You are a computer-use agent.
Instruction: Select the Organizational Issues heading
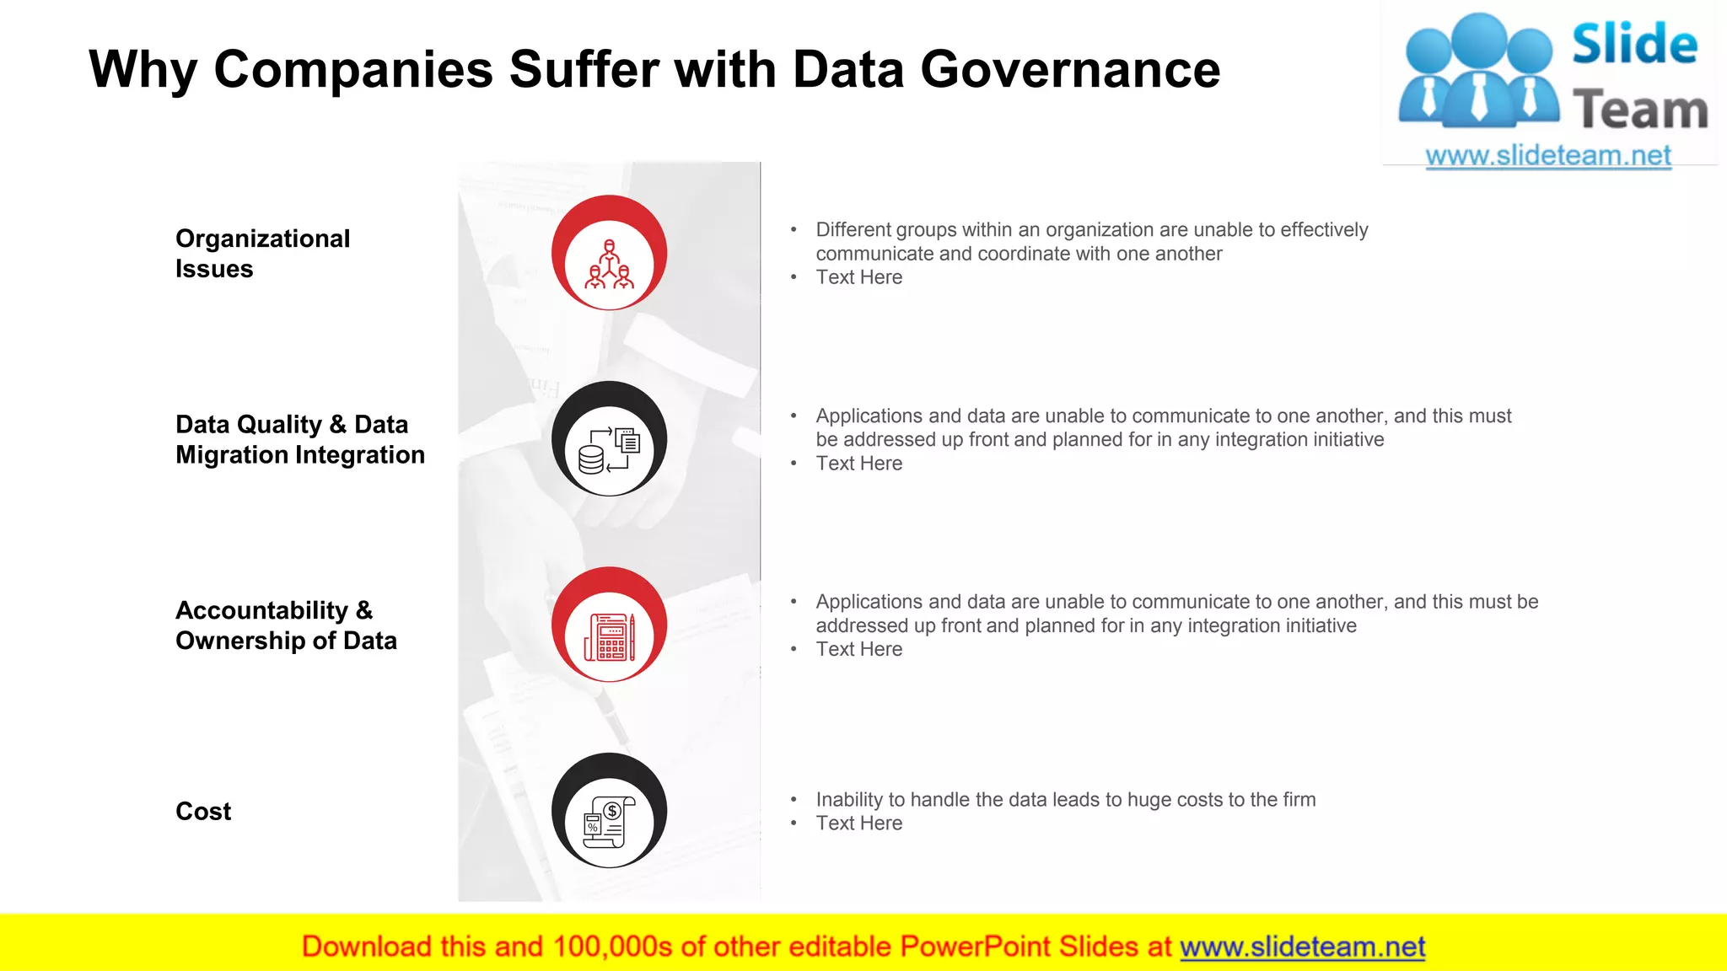point(262,254)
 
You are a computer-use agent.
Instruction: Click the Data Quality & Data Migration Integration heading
point(299,439)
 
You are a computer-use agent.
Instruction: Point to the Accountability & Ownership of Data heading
point(286,625)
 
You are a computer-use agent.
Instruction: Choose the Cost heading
point(203,811)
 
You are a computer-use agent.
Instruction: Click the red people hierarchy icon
point(609,265)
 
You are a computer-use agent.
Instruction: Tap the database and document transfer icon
point(609,450)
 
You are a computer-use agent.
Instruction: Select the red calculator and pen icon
point(609,636)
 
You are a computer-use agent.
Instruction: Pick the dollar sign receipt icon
point(609,823)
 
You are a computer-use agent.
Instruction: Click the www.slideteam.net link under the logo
point(1548,156)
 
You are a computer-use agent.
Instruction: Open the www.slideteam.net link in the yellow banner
point(1302,947)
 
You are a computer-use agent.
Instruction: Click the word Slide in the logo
point(1634,44)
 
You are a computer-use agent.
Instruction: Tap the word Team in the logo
point(1639,110)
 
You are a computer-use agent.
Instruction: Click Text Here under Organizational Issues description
point(858,277)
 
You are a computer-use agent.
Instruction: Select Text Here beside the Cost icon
point(858,823)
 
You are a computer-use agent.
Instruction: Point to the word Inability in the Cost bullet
point(849,799)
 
